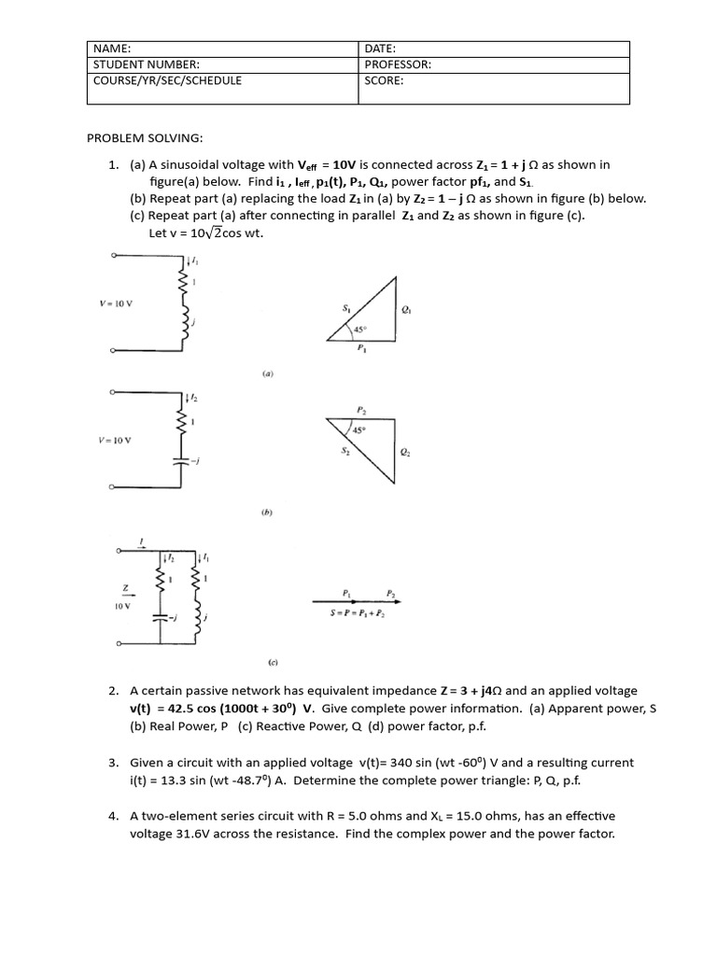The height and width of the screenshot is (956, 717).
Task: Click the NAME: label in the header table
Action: [x=111, y=48]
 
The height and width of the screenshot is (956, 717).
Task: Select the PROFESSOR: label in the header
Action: [x=397, y=64]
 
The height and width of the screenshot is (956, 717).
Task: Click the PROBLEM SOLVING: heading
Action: [x=144, y=137]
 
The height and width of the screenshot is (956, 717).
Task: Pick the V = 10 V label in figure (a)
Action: [x=116, y=303]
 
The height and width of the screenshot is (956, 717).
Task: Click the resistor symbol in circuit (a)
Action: [x=184, y=283]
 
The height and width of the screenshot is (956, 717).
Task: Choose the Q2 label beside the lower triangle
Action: [x=403, y=453]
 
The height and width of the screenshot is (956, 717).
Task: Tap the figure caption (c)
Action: [x=274, y=662]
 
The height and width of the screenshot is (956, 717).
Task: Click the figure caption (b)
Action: [x=266, y=513]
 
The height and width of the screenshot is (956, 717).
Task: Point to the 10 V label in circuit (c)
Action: [x=121, y=605]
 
